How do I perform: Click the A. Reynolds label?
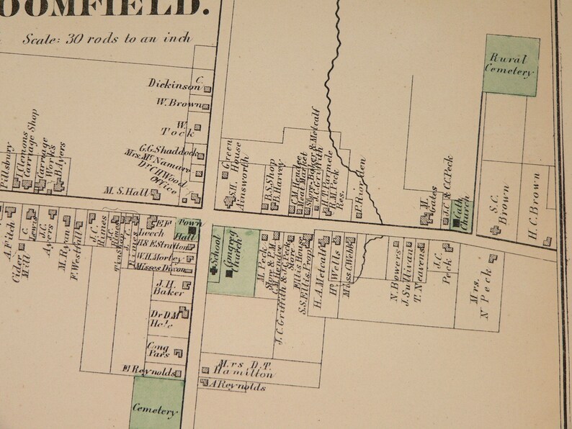tap(236, 387)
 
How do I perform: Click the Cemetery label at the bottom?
tap(155, 411)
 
